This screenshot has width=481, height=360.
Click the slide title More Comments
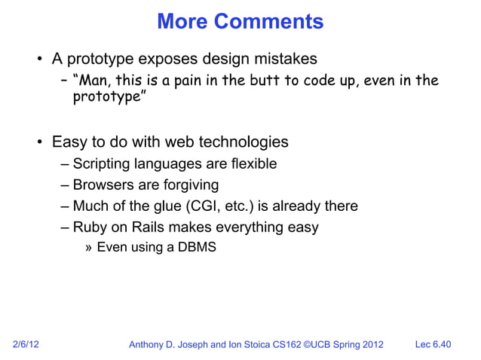coord(240,22)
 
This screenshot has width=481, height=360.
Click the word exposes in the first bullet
coord(173,59)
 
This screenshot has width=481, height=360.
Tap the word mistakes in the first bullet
coord(284,59)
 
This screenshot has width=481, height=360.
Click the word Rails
coord(148,227)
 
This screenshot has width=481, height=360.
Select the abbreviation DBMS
coord(197,246)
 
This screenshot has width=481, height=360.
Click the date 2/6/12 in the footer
coord(26,345)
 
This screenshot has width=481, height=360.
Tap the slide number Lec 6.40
coord(433,345)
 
